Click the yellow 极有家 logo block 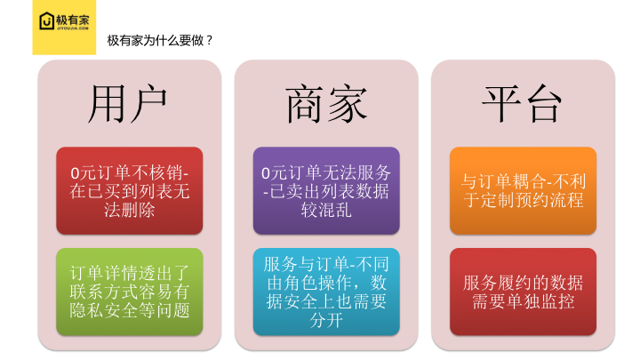[64, 27]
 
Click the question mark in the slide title [209, 40]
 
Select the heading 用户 [127, 104]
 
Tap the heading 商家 [326, 104]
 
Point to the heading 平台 [522, 104]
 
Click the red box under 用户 [130, 190]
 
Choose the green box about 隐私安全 [130, 292]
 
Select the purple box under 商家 [326, 190]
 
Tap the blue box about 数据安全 [326, 292]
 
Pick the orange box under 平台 [523, 190]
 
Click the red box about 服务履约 [523, 292]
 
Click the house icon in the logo [46, 20]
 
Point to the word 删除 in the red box [138, 210]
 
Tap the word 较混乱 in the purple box [326, 210]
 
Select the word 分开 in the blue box [326, 320]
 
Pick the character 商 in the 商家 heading [305, 104]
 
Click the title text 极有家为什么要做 [156, 40]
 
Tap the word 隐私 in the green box [86, 310]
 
